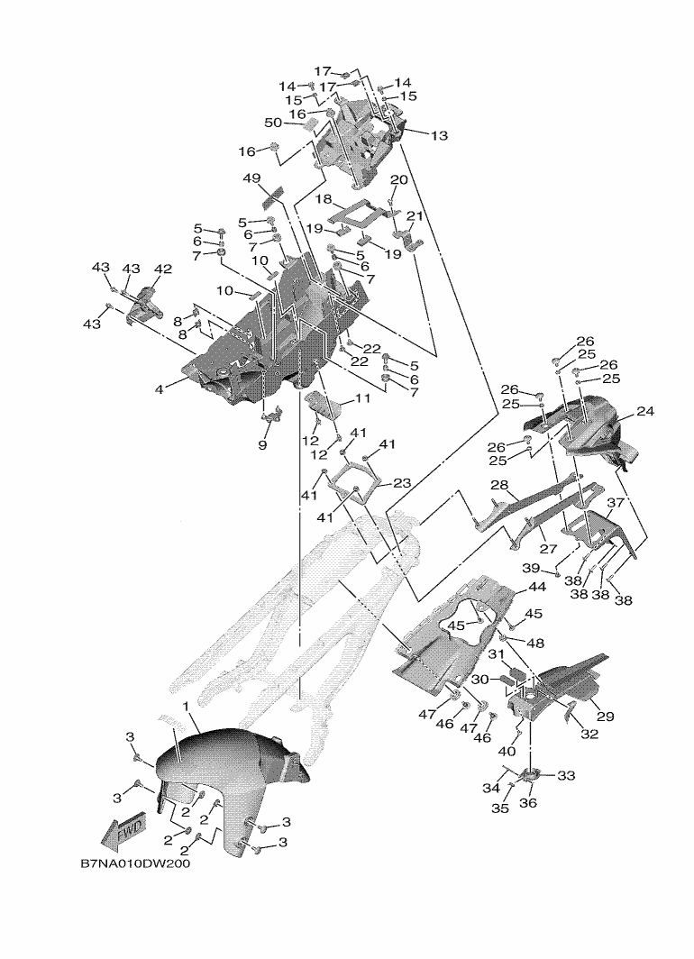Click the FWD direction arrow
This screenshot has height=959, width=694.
pyautogui.click(x=121, y=832)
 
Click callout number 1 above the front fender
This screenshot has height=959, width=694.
pyautogui.click(x=185, y=705)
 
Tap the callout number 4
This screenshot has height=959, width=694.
pyautogui.click(x=159, y=389)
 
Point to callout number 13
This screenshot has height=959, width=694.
pyautogui.click(x=439, y=136)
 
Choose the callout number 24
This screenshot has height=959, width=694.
pyautogui.click(x=644, y=412)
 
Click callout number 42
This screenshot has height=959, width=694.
pyautogui.click(x=162, y=269)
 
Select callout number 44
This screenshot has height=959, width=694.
pyautogui.click(x=537, y=587)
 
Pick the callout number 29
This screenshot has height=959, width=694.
pyautogui.click(x=604, y=717)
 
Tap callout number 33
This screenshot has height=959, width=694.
pyautogui.click(x=567, y=775)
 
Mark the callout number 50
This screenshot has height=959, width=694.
pyautogui.click(x=274, y=123)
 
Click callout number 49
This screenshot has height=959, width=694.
pyautogui.click(x=251, y=178)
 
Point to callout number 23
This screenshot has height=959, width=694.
pyautogui.click(x=402, y=483)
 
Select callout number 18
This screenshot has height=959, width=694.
pyautogui.click(x=324, y=198)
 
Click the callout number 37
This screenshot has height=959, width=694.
pyautogui.click(x=616, y=503)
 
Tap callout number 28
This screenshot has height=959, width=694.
pyautogui.click(x=500, y=485)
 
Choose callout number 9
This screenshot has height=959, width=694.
pyautogui.click(x=262, y=444)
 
